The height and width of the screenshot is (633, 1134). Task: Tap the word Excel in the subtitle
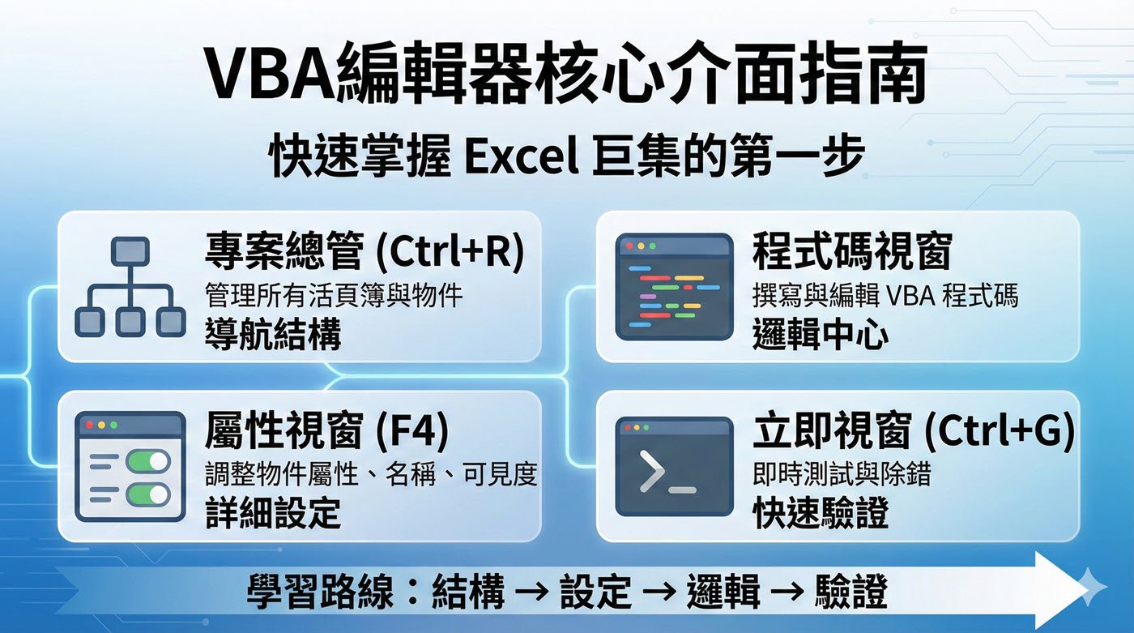coord(521,157)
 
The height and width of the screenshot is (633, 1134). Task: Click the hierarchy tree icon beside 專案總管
coord(130,287)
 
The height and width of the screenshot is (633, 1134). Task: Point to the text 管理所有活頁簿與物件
coord(334,295)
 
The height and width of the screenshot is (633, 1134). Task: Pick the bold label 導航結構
coord(273,334)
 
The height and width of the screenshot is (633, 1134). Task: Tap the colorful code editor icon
coord(673,287)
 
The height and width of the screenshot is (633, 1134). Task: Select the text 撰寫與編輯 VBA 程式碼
coord(885,295)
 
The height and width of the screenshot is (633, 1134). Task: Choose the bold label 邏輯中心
coord(820,334)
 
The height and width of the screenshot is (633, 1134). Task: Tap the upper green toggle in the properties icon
coord(148,462)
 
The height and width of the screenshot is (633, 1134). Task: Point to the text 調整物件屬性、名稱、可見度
coord(371,474)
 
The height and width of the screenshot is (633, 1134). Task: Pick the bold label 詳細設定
coord(273,513)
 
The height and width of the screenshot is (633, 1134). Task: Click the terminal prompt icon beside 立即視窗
coord(673,467)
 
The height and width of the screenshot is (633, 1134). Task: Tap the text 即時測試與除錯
coord(842,474)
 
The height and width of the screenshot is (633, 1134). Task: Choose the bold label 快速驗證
coord(820,513)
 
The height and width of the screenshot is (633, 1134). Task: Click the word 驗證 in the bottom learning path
coord(852,592)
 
